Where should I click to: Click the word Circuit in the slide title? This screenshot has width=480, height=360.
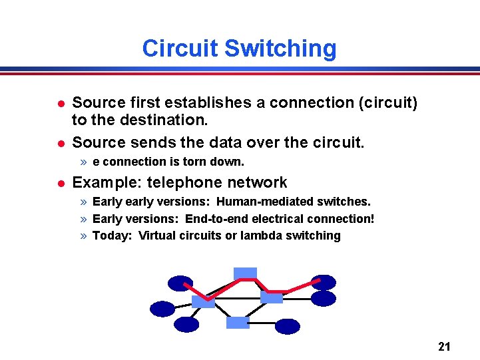pyautogui.click(x=180, y=49)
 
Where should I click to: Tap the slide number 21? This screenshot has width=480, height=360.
pyautogui.click(x=445, y=346)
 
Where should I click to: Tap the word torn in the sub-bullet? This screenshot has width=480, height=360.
pyautogui.click(x=181, y=162)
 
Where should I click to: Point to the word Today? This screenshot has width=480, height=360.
pyautogui.click(x=111, y=236)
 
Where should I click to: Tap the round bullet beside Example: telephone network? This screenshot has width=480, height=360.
pyautogui.click(x=59, y=183)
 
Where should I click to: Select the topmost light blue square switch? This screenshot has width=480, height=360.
pyautogui.click(x=245, y=273)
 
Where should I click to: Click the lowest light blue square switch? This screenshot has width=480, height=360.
pyautogui.click(x=238, y=323)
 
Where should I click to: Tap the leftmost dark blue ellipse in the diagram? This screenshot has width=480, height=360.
pyautogui.click(x=162, y=309)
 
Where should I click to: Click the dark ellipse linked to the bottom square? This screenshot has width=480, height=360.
pyautogui.click(x=288, y=326)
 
